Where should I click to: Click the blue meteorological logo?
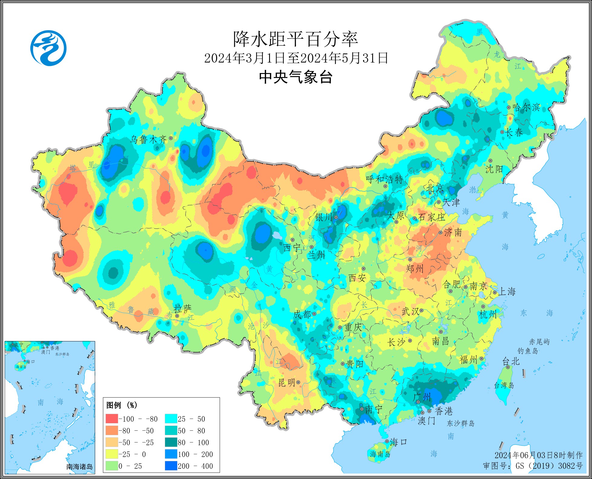click(48, 48)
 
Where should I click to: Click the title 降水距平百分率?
click(295, 39)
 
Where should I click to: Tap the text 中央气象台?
click(295, 77)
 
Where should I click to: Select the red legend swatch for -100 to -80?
click(111, 419)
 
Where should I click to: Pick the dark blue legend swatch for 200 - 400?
click(171, 466)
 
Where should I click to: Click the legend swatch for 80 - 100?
click(171, 442)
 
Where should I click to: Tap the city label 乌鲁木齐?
click(148, 139)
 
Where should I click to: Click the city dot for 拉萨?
click(177, 316)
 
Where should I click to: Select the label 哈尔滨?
click(526, 108)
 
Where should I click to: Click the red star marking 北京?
click(430, 193)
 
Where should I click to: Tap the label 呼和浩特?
click(384, 179)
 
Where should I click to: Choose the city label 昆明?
click(286, 383)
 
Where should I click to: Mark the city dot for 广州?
click(418, 402)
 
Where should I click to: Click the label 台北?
click(510, 361)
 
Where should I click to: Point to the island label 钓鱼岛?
click(528, 351)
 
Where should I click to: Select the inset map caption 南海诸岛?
click(80, 467)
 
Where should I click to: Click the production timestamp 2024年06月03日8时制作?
click(538, 455)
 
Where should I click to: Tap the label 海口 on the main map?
click(398, 442)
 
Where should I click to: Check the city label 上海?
click(507, 291)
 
